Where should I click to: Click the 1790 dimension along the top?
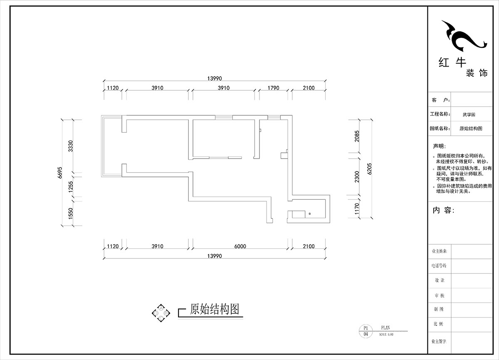point(273,88)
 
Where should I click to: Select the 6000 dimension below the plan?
point(240,246)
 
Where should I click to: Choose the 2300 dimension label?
point(357,177)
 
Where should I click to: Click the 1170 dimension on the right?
point(357,208)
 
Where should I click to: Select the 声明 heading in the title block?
point(439,146)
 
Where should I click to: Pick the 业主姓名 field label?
point(440,251)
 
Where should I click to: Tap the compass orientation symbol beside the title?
point(161,312)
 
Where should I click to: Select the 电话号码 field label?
point(440,265)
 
